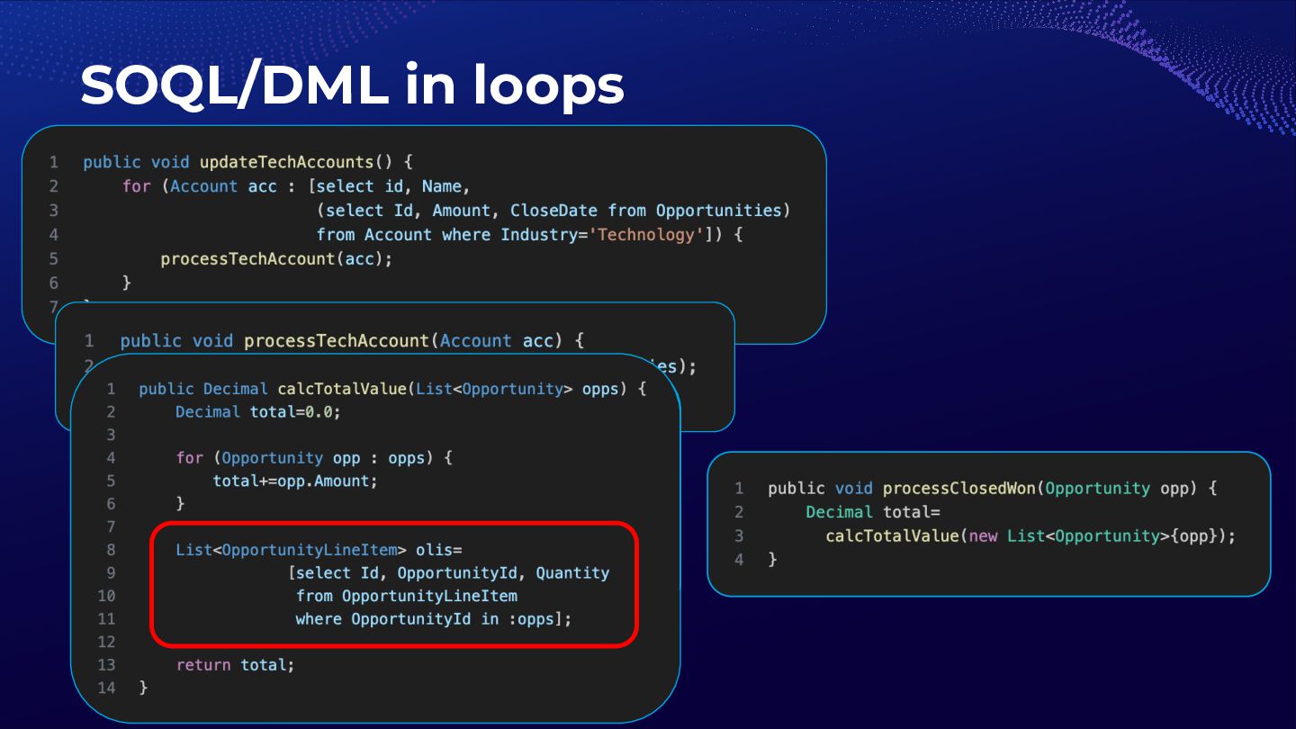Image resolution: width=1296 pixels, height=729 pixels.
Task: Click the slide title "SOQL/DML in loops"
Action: pyautogui.click(x=352, y=85)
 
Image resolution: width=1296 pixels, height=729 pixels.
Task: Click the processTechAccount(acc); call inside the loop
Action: pyautogui.click(x=276, y=258)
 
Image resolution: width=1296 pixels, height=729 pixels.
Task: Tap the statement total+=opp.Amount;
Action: pyautogui.click(x=295, y=481)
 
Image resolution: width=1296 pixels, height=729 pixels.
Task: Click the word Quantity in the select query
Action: pyautogui.click(x=572, y=573)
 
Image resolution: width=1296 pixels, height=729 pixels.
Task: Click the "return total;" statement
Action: pyautogui.click(x=235, y=665)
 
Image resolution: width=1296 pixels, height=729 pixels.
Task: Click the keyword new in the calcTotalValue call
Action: pyautogui.click(x=983, y=535)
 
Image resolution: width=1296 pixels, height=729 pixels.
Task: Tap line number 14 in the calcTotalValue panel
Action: pyautogui.click(x=106, y=688)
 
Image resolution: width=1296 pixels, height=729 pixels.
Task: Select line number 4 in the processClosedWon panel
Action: pyautogui.click(x=739, y=559)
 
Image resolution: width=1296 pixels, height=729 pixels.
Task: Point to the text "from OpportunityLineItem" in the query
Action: pyautogui.click(x=406, y=596)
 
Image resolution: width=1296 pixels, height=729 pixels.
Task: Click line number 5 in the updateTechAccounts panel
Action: pyautogui.click(x=54, y=258)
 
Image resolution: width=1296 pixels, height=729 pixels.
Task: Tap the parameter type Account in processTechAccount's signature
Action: pyautogui.click(x=476, y=341)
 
